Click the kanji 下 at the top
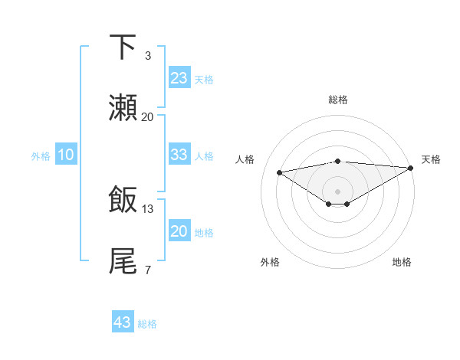tap(123, 47)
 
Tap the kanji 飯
tap(123, 200)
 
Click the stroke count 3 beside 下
tap(148, 56)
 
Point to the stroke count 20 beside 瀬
tap(148, 117)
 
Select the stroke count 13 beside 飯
tap(148, 208)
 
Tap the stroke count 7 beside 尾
tap(148, 270)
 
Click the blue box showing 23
tap(179, 78)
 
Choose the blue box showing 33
tap(179, 155)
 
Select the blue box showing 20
tap(179, 231)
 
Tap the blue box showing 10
tap(66, 155)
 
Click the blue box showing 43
tap(123, 322)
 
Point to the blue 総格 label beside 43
tap(147, 324)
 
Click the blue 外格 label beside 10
tap(41, 156)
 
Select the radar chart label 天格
tap(431, 159)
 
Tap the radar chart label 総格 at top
tap(338, 100)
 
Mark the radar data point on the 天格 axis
tap(411, 168)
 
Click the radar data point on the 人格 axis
tap(280, 172)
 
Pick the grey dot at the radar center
tap(338, 191)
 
